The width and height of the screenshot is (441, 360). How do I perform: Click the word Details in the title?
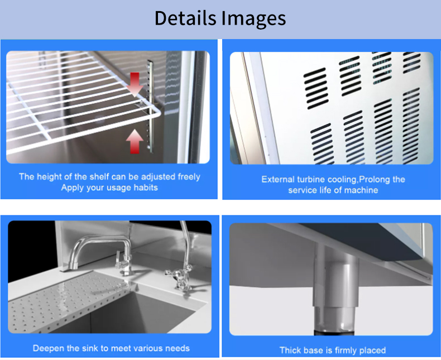point(185,18)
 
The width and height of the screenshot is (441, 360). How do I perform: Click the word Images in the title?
point(253,19)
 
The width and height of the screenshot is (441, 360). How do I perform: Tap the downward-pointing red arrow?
point(135,84)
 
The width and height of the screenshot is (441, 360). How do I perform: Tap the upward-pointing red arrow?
point(135,141)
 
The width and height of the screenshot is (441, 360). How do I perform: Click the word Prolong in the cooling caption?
point(374,179)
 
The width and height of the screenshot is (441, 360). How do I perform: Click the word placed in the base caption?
point(372,351)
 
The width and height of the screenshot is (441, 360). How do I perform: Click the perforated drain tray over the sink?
point(68,301)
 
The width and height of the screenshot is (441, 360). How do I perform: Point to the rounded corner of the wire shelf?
point(156,112)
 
